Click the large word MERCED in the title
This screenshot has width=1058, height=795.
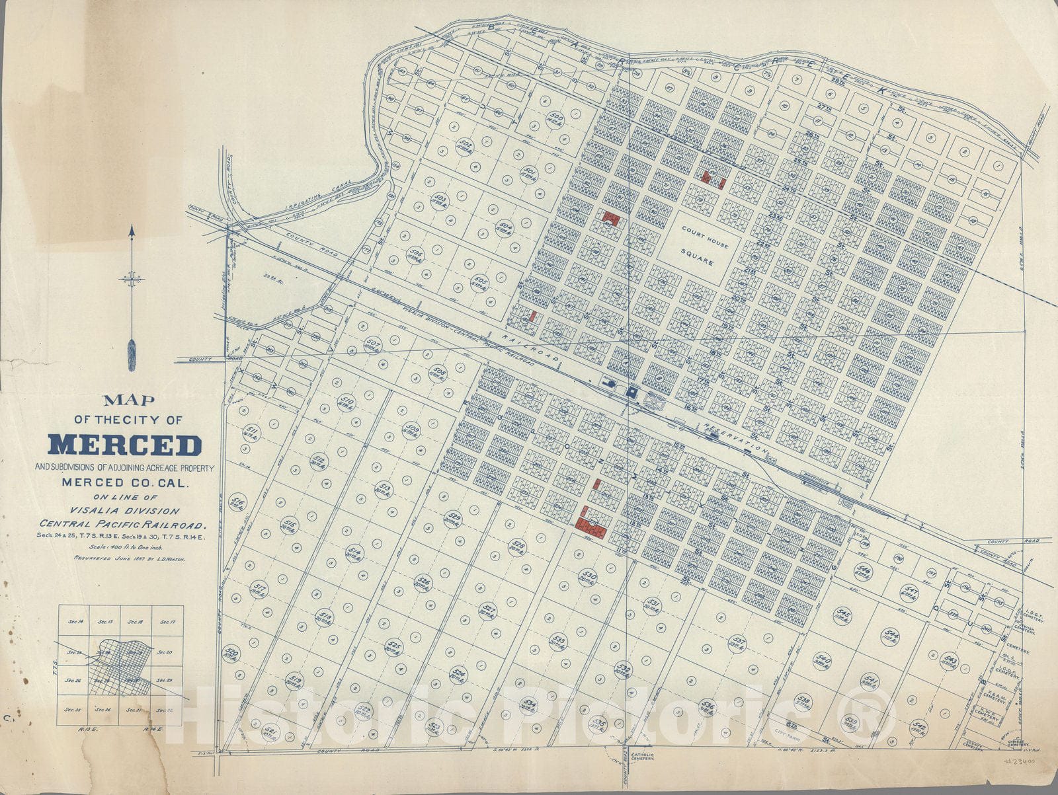[x=125, y=445]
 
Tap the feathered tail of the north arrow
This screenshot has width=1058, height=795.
[x=132, y=354]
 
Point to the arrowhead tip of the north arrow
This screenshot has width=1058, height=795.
[x=132, y=228]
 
